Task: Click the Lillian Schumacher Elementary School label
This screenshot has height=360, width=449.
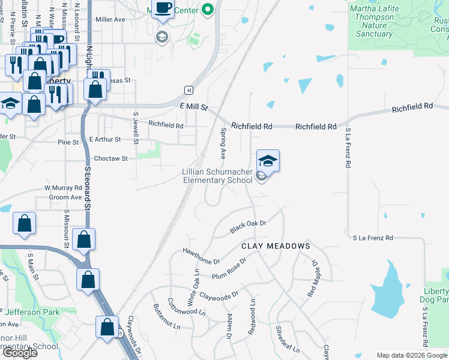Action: coord(217,176)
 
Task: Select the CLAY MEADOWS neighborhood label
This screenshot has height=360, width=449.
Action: coord(276,246)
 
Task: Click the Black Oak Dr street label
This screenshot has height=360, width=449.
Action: coord(247,227)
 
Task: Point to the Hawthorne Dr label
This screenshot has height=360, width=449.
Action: coord(202,256)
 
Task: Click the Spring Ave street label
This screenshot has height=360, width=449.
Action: coord(223,143)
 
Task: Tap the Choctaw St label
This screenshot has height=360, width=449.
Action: coord(111,158)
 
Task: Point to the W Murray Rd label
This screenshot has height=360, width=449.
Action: coord(62,188)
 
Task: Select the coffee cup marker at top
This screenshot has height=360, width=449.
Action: coord(163,8)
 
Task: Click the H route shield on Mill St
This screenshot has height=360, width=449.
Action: coord(188,90)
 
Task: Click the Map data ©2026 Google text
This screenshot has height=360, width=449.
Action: coord(411,355)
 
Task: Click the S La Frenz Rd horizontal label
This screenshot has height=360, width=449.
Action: coord(373,238)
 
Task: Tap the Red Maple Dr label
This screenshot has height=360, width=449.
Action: coord(313,278)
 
